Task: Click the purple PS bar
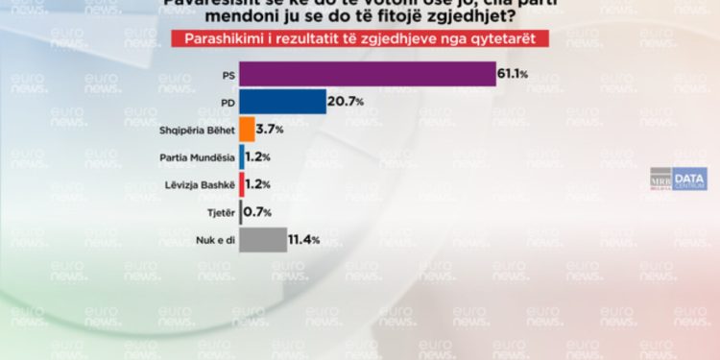click(x=367, y=74)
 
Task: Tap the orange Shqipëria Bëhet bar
click(x=246, y=129)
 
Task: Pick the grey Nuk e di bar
click(x=262, y=239)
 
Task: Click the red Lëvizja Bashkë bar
click(x=241, y=183)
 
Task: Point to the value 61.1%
click(x=514, y=74)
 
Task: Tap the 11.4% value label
click(x=304, y=239)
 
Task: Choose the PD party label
click(x=224, y=102)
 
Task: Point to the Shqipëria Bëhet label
click(x=195, y=129)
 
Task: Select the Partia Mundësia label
click(x=196, y=156)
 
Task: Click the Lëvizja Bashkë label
click(x=196, y=183)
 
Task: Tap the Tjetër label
click(x=215, y=211)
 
